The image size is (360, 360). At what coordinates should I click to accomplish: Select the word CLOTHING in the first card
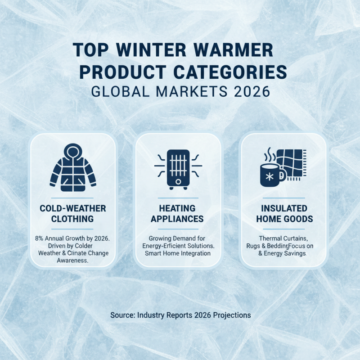[72, 219]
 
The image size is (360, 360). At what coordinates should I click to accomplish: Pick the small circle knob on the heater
[178, 181]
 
